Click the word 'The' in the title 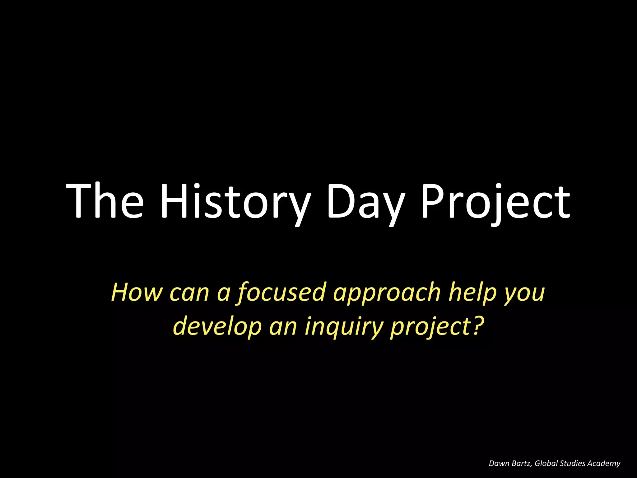[105, 201]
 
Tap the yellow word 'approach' [387, 292]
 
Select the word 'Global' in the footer [546, 463]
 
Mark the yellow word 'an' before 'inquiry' [283, 327]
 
